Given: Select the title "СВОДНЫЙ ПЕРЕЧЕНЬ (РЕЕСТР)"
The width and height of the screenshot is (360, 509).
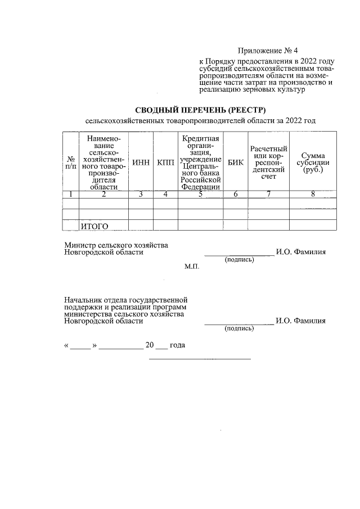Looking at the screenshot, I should click(x=200, y=109).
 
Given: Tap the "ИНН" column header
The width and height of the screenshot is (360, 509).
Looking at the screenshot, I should click(x=141, y=163).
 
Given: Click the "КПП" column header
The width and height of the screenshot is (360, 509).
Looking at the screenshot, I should click(x=165, y=163).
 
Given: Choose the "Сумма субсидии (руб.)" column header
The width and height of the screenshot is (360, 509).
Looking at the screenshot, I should click(x=313, y=163).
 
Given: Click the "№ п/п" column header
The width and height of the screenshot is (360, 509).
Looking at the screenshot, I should click(x=71, y=163).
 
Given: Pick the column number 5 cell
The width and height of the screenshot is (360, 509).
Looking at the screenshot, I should click(x=200, y=195).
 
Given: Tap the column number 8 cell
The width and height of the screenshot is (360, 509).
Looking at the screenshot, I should click(x=313, y=195).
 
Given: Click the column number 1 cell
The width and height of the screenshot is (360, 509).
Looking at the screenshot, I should click(x=71, y=195).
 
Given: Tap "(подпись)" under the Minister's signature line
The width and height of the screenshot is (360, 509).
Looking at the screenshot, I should click(x=239, y=260).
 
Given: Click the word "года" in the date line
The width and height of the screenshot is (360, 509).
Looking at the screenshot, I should click(x=178, y=345).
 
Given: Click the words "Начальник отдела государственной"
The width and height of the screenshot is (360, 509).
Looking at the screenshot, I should click(x=125, y=300).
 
